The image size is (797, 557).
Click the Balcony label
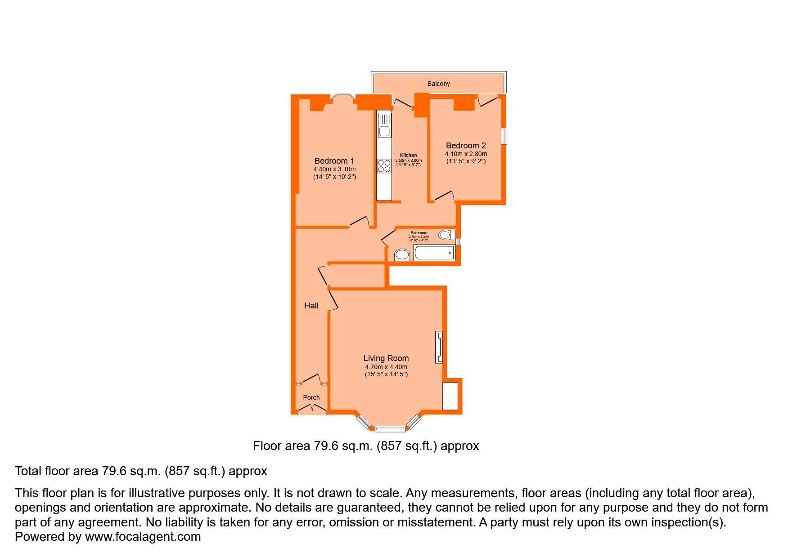(438, 84)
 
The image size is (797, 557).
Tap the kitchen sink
(384, 131)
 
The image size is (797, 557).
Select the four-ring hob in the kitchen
(384, 166)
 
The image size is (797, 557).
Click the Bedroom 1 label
(334, 161)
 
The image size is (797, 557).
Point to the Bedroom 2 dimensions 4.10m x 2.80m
(466, 154)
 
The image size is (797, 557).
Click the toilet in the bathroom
(446, 235)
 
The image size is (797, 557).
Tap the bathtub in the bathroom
(434, 253)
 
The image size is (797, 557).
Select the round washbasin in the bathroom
(402, 255)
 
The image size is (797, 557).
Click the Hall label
(311, 306)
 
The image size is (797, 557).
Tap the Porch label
(311, 397)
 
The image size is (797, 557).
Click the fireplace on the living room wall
(439, 347)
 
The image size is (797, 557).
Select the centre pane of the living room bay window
(390, 429)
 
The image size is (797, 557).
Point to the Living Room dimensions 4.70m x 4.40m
(386, 367)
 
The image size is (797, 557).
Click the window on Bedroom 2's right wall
(504, 136)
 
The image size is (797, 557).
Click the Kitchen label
(408, 155)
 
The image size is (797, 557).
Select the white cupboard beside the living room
(450, 396)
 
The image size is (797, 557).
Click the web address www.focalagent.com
(143, 537)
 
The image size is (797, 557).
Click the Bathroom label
(419, 233)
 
